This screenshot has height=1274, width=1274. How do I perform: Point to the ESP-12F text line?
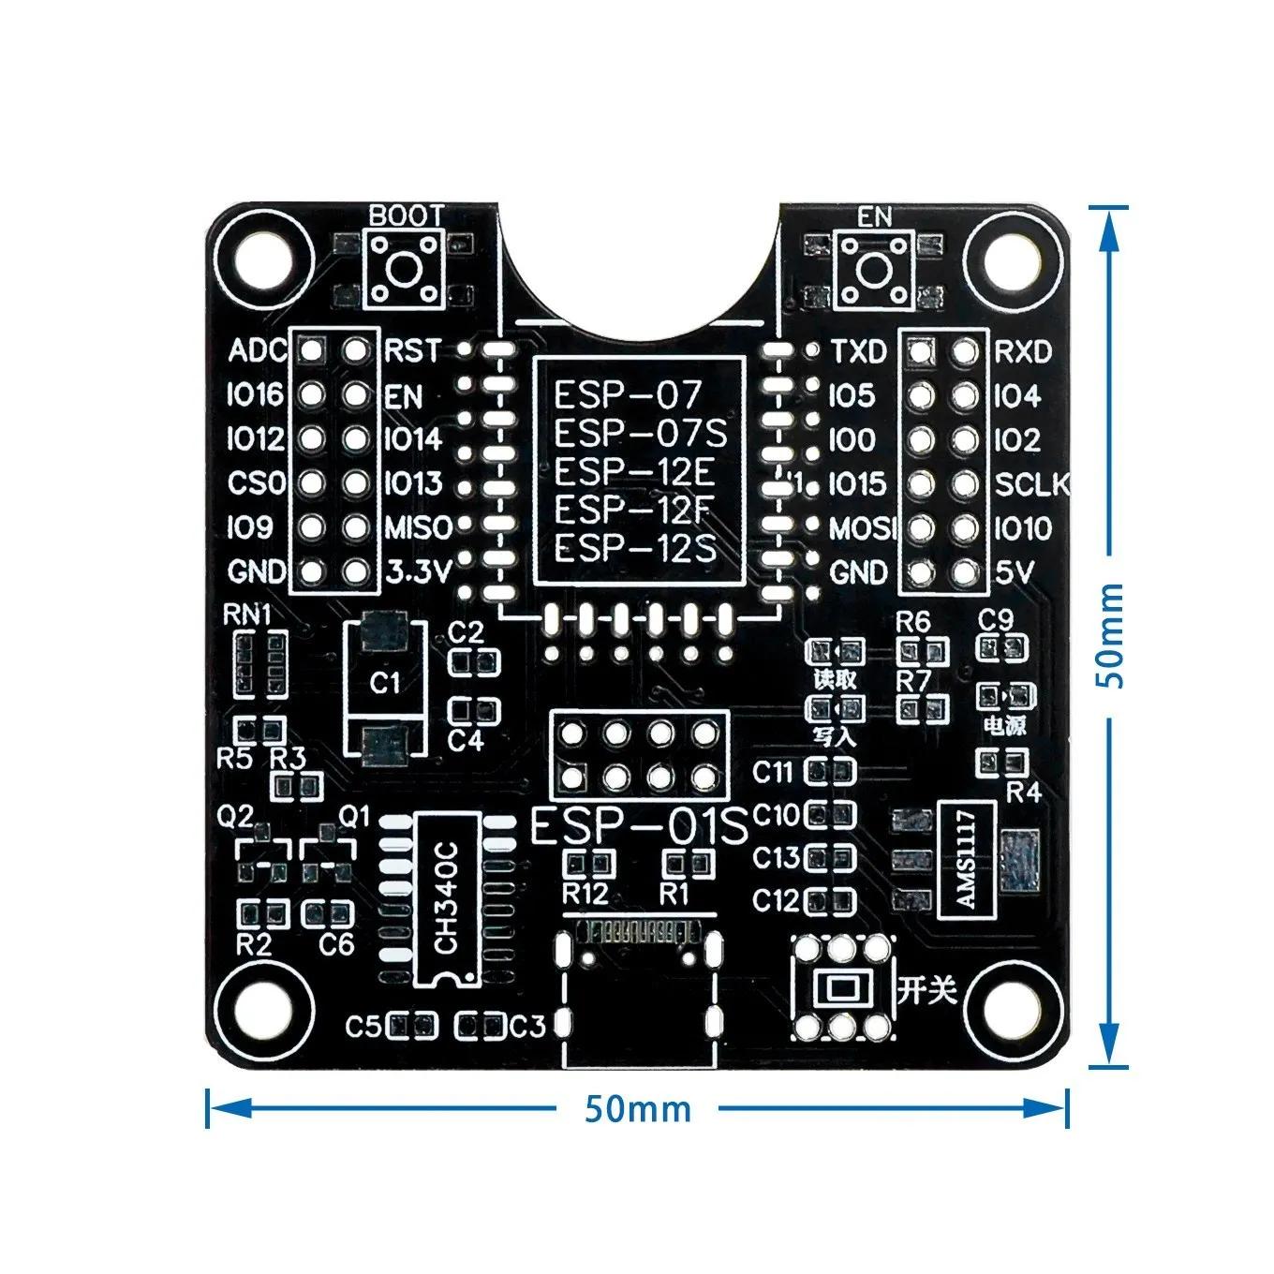click(x=629, y=510)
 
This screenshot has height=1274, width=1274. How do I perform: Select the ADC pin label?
click(x=258, y=351)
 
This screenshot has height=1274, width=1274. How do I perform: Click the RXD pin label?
click(x=1022, y=351)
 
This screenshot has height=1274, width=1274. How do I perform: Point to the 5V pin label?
click(x=1014, y=571)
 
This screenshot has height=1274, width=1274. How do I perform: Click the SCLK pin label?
click(x=1030, y=484)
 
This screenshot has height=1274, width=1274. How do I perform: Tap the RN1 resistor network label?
click(x=246, y=615)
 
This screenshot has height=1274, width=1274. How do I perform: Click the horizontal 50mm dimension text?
click(x=637, y=1109)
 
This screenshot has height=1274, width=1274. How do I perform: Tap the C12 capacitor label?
click(x=777, y=901)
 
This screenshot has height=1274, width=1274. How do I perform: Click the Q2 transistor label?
click(x=235, y=817)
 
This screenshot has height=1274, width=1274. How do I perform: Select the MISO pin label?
click(x=419, y=527)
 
